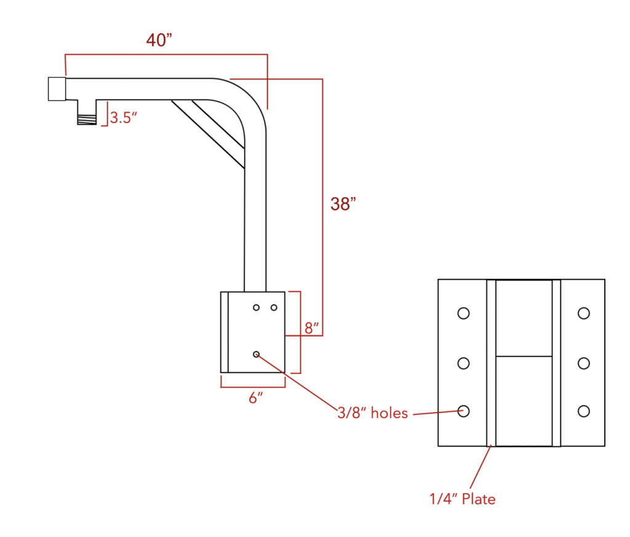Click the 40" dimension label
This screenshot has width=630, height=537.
(x=159, y=40)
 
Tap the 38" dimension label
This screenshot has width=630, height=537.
(x=343, y=204)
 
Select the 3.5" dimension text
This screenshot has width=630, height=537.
(x=123, y=117)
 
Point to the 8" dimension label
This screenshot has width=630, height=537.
(x=313, y=328)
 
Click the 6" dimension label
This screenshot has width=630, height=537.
(x=256, y=398)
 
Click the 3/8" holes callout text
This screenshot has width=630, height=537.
(x=372, y=413)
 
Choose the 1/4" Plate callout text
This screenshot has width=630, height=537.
(x=462, y=499)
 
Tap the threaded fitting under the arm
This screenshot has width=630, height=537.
(x=87, y=114)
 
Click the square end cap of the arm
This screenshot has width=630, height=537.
(x=57, y=89)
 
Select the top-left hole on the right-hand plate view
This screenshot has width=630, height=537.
(x=463, y=313)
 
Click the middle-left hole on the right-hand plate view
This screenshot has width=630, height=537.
(x=463, y=363)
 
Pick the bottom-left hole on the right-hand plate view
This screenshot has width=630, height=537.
(x=463, y=411)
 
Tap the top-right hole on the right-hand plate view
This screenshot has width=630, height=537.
(x=584, y=313)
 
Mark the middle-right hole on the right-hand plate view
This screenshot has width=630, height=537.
(x=584, y=363)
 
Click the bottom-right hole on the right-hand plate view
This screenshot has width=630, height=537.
(x=584, y=411)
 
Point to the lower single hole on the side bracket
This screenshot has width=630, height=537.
(x=257, y=354)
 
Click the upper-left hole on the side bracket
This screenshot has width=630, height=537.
(x=257, y=307)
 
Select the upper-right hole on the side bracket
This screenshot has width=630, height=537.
(x=274, y=307)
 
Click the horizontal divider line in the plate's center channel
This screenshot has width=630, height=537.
(x=524, y=356)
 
